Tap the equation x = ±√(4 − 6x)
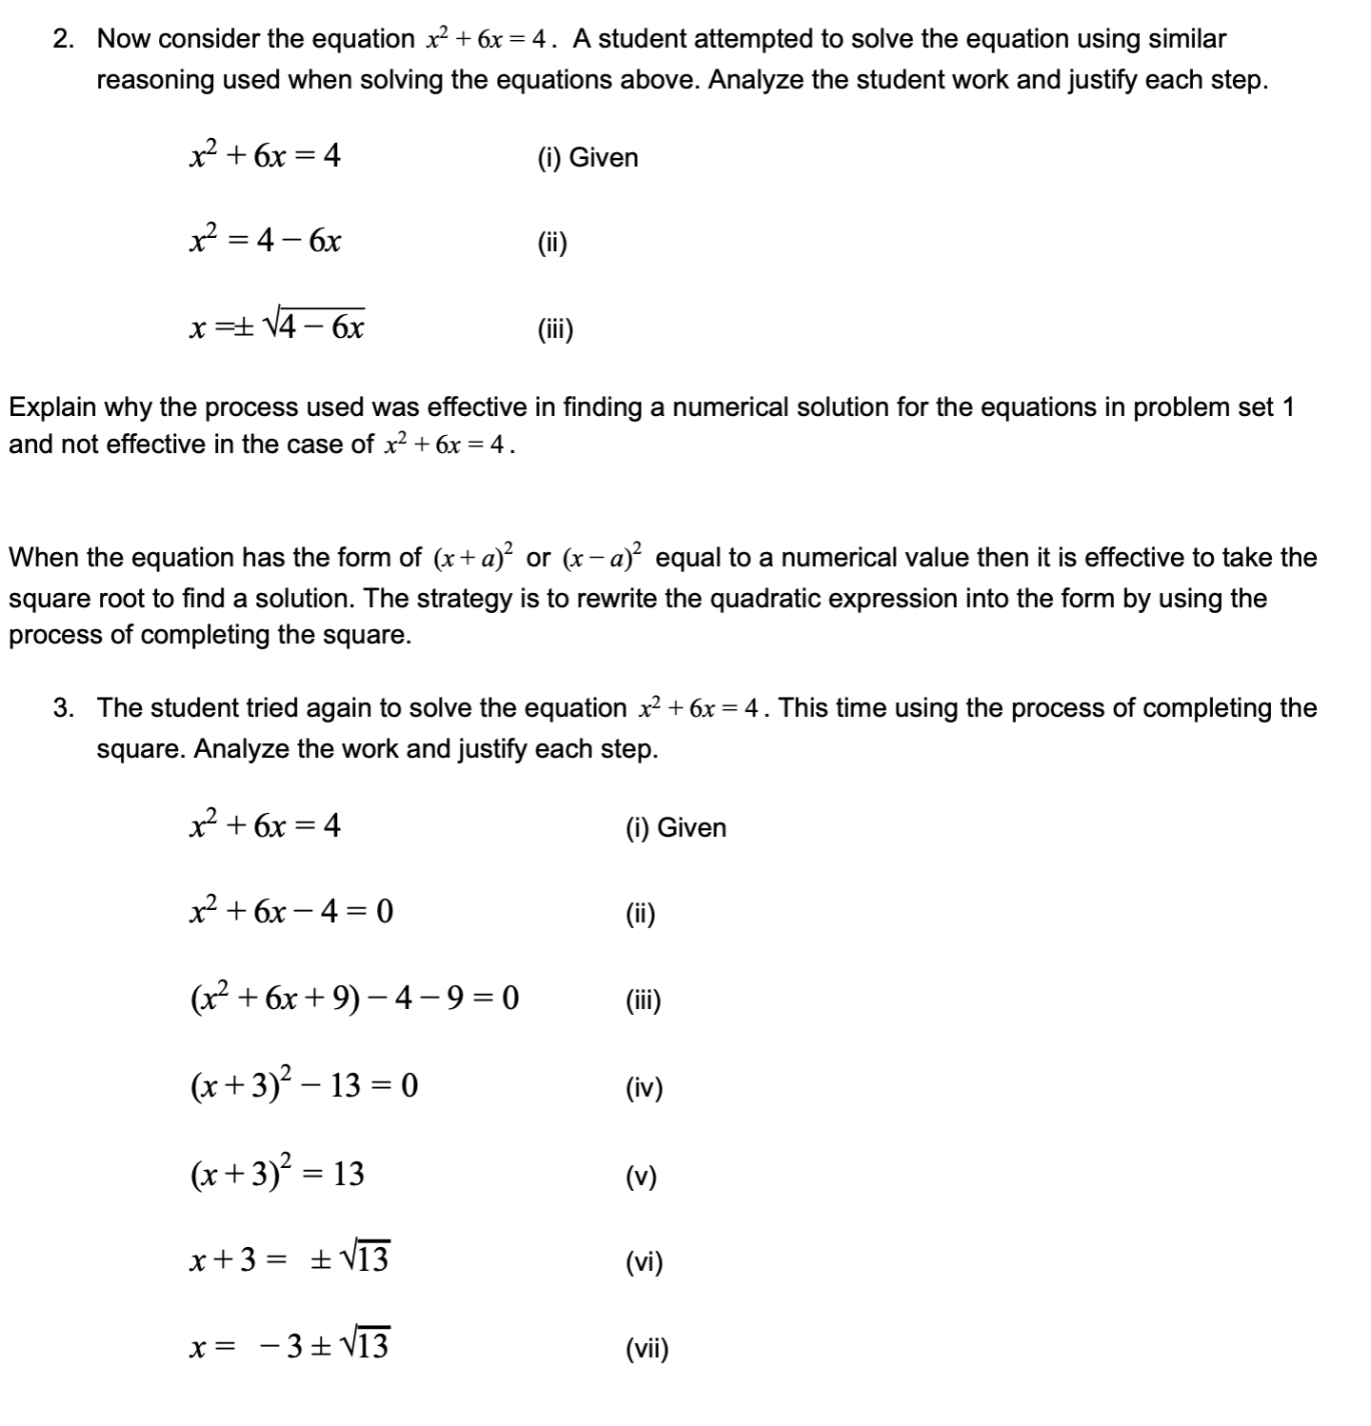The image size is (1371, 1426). click(277, 327)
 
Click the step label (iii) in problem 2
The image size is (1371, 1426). click(556, 330)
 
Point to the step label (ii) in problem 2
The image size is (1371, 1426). click(552, 244)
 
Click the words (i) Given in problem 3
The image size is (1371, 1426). click(676, 828)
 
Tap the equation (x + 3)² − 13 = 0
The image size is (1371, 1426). click(304, 1084)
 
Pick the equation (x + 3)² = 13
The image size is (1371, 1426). click(277, 1173)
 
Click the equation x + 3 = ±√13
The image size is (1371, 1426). click(289, 1260)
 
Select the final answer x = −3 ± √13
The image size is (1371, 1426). click(289, 1346)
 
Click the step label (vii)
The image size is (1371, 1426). click(647, 1349)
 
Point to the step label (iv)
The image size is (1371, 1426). click(645, 1088)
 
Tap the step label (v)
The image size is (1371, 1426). click(642, 1178)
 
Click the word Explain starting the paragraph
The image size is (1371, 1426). click(52, 408)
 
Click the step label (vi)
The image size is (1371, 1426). click(645, 1263)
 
